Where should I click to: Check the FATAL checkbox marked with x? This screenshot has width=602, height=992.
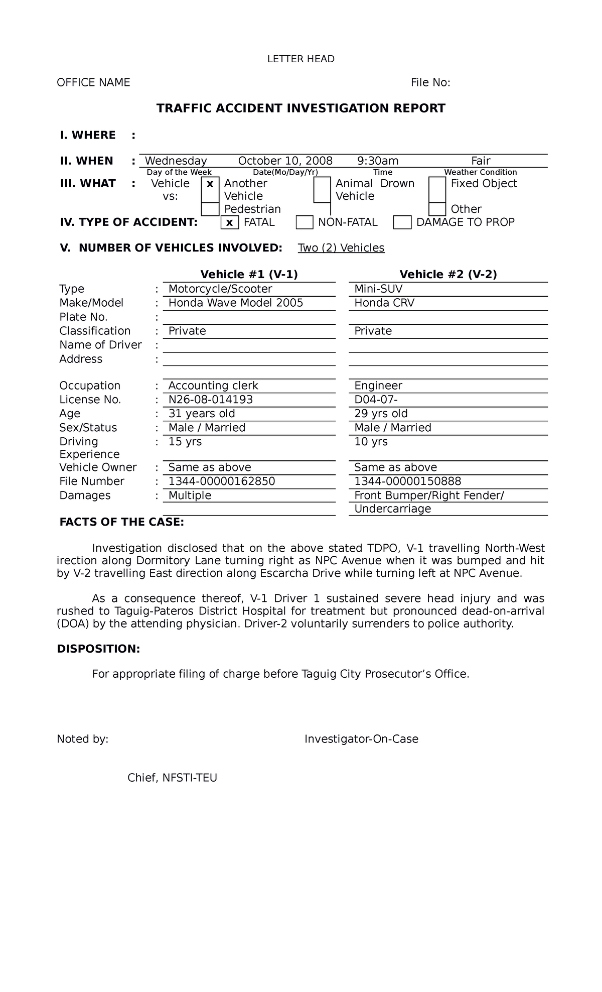[x=229, y=222]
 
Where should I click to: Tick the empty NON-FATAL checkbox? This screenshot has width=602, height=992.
[x=305, y=222]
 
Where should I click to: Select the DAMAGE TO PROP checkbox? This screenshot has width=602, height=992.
[x=402, y=222]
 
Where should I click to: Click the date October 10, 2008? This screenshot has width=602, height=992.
[x=285, y=161]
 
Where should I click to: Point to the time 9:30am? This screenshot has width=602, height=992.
[x=378, y=161]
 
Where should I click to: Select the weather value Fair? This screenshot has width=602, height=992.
[x=480, y=161]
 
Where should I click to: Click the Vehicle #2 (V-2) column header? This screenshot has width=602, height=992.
[x=447, y=274]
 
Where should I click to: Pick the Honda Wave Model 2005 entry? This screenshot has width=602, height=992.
[x=235, y=303]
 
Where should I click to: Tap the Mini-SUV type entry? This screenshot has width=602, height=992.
[x=378, y=289]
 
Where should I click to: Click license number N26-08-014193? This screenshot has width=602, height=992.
[x=210, y=400]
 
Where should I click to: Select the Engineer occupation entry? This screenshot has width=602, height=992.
[x=378, y=386]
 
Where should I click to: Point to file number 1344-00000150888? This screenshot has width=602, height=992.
[x=407, y=481]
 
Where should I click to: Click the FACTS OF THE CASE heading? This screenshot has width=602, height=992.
[x=121, y=522]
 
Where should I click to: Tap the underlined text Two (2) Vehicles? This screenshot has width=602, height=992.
[x=341, y=248]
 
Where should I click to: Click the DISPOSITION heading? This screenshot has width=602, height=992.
[x=98, y=649]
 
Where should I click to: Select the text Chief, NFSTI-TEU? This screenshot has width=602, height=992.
[x=172, y=778]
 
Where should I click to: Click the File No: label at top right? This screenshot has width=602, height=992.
[x=430, y=83]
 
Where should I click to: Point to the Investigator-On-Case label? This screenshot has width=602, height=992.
[x=361, y=739]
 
